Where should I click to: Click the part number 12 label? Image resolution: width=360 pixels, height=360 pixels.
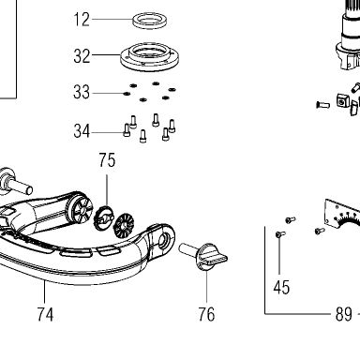point(82,20)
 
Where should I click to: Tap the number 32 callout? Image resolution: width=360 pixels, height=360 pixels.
point(82,56)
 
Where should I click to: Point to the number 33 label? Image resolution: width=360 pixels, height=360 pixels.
point(82,92)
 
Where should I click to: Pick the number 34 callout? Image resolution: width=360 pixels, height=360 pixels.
point(82,131)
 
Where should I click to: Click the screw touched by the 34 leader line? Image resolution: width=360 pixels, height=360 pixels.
point(127,130)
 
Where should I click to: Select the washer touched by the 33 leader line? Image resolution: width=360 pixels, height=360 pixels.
point(127,94)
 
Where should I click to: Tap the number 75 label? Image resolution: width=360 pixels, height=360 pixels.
point(107,160)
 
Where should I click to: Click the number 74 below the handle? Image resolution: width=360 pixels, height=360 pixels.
point(45,314)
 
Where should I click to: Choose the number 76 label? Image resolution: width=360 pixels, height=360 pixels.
point(206,314)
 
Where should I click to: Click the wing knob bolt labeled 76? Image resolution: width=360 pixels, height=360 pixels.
point(203,255)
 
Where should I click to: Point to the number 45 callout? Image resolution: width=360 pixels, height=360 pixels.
point(281,287)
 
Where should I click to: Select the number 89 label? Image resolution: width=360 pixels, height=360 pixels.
point(344,314)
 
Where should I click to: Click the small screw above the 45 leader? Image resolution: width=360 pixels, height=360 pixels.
point(279,234)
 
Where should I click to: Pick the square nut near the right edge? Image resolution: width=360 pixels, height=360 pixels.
point(343,100)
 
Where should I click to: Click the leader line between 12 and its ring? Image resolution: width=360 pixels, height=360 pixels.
point(112,20)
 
